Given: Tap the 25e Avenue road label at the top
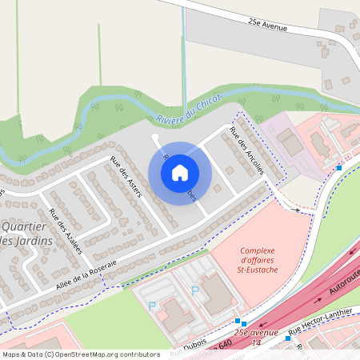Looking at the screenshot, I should (x=267, y=26).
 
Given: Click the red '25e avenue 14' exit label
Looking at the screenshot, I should (x=257, y=337).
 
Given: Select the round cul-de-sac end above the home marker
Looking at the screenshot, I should (x=154, y=137).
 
